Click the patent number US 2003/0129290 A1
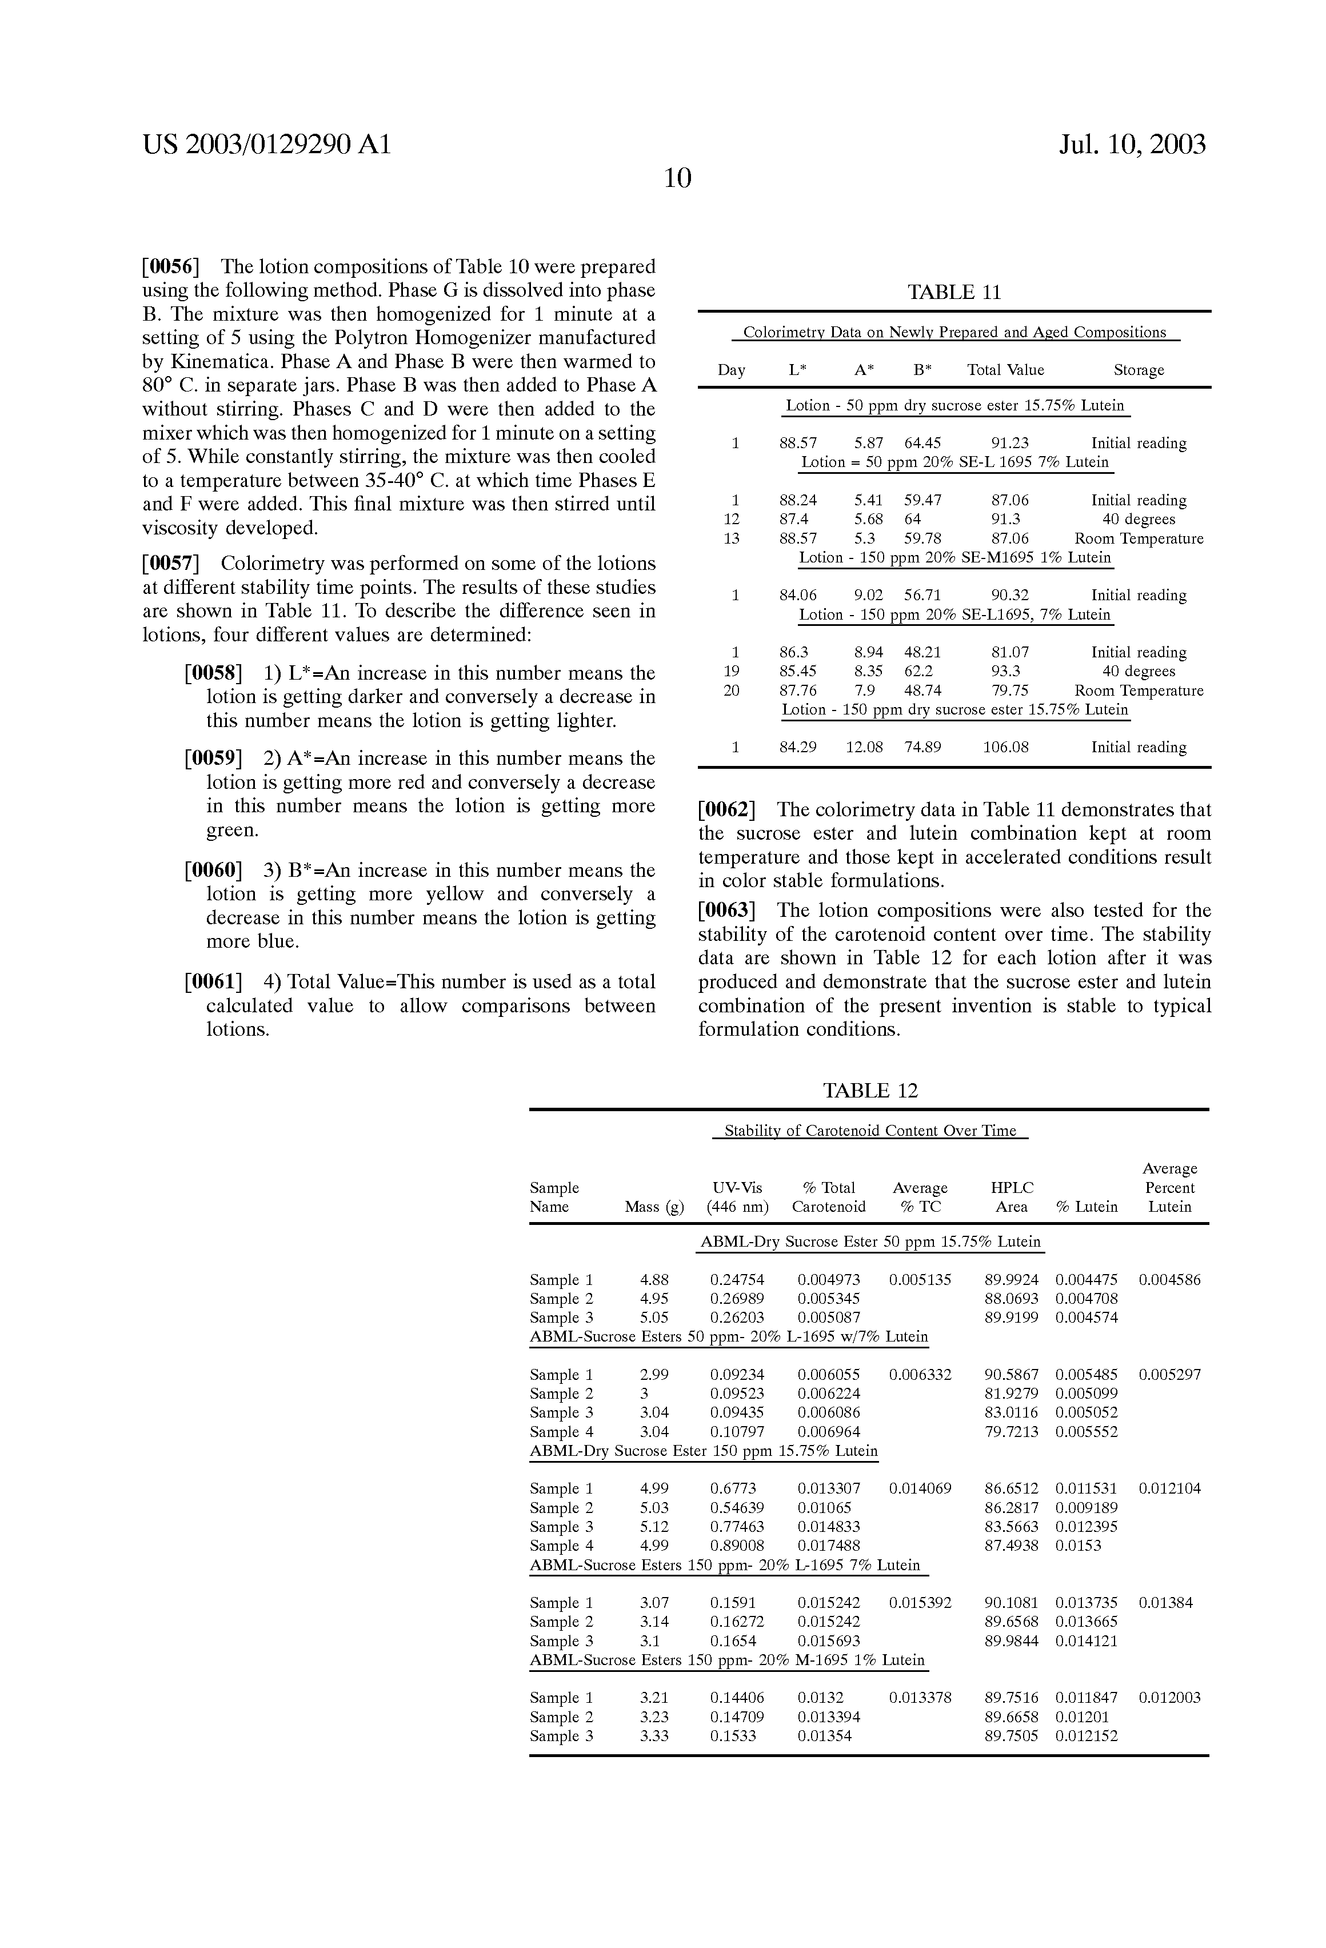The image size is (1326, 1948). tap(266, 145)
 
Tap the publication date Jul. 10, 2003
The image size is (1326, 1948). tap(1132, 145)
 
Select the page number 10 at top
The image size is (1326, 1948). tap(677, 178)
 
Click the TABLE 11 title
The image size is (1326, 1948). tap(954, 293)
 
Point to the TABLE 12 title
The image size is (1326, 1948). tap(870, 1091)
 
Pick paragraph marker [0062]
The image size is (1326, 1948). tap(728, 810)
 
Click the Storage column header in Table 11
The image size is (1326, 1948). tap(1139, 370)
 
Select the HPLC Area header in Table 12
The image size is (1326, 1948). tap(1012, 1197)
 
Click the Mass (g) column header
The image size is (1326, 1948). tap(654, 1207)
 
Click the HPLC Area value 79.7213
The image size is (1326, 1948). tap(1011, 1432)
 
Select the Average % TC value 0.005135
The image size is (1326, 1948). tap(920, 1280)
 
